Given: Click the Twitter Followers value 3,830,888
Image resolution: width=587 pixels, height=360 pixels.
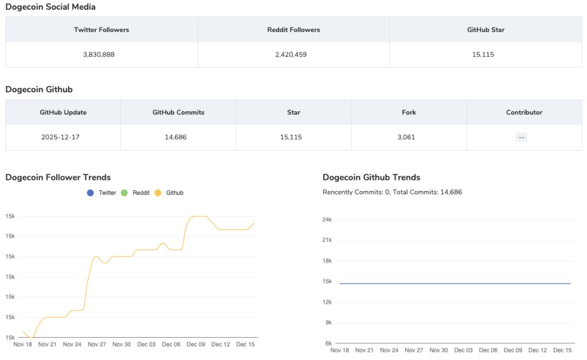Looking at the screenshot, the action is point(99,54).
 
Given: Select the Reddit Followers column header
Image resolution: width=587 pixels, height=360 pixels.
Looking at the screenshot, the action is point(293,30).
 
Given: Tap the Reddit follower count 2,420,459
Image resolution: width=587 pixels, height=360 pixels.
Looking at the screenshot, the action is point(291,54).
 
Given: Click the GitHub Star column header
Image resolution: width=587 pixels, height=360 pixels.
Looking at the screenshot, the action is point(486,30).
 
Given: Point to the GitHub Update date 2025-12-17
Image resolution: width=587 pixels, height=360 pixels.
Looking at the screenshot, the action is point(60,138).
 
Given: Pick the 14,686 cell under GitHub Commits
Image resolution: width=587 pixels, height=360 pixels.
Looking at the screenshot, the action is point(175,138).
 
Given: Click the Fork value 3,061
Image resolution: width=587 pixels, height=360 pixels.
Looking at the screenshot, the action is point(406,138).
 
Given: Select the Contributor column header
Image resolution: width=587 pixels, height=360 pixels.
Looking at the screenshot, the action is point(524,112).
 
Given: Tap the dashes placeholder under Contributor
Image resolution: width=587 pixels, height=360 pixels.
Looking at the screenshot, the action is point(521,138).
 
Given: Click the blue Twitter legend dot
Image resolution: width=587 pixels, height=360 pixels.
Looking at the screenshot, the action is point(90,193).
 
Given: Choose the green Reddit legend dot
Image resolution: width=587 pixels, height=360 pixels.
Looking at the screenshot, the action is point(124,193).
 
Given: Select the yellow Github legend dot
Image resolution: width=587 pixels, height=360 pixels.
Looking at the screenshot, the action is point(158,193).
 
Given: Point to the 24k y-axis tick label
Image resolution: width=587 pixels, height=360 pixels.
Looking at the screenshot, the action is point(327,220).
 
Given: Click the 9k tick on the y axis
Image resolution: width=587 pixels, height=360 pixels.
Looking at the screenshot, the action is point(328,323).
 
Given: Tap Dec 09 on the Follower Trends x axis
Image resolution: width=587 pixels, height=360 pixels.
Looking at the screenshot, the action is point(196,345).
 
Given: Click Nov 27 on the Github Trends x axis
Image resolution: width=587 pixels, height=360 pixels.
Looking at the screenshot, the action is point(414,350).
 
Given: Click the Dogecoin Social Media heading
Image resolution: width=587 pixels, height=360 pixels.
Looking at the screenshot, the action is point(50,7).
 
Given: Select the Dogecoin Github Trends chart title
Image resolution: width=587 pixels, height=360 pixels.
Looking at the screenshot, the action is point(371,177).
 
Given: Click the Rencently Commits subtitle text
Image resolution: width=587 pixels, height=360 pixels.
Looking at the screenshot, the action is point(392,192).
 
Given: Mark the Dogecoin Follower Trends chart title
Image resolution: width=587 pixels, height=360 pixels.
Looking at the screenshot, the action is point(58,177).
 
